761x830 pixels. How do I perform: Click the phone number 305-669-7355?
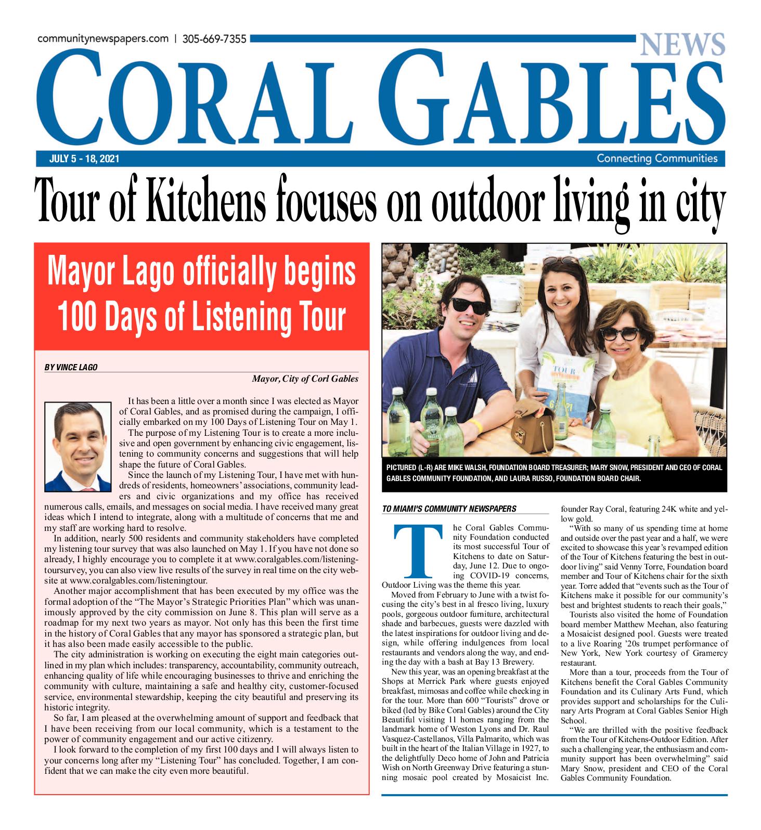tap(214, 39)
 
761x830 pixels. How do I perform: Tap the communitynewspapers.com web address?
tap(103, 39)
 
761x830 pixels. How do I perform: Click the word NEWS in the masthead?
tap(682, 44)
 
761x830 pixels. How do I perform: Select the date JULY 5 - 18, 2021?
tap(84, 159)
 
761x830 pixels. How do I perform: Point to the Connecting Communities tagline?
tap(657, 159)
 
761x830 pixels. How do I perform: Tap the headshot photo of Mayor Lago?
tap(78, 446)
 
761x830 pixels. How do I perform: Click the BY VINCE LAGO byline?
tap(71, 367)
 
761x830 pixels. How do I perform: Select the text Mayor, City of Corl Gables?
tap(305, 379)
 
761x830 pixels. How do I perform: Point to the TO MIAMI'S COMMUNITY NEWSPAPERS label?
tap(449, 509)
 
